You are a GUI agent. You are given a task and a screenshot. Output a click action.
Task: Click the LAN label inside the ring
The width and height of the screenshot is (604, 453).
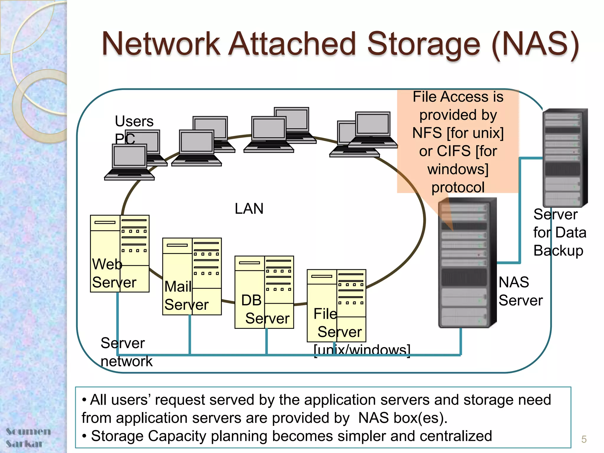[x=249, y=209]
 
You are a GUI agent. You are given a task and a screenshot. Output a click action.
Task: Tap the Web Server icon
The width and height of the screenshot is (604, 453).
[x=120, y=254]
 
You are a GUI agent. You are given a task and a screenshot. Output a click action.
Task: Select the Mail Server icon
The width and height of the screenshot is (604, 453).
[x=192, y=276]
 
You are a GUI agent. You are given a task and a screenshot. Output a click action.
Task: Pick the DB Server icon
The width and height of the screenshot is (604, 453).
[x=264, y=292]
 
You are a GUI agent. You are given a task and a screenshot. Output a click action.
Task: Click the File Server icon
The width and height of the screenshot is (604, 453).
[x=336, y=306]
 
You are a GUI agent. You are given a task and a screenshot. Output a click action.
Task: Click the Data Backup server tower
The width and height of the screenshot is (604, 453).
[x=564, y=158]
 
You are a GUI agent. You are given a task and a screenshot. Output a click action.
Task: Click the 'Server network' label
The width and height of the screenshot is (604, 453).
[x=126, y=352]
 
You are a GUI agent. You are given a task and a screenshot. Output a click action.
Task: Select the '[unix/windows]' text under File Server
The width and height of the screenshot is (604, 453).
[x=362, y=350]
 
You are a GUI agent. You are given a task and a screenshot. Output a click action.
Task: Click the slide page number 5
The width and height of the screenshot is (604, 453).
[x=584, y=439]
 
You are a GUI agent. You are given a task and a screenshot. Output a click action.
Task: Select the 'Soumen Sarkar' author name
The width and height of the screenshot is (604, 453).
[x=28, y=437]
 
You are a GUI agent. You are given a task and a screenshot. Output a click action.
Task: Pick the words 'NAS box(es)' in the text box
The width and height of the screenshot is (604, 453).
[x=403, y=418]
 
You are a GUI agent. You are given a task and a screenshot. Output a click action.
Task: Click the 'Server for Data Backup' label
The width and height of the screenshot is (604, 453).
[x=559, y=232]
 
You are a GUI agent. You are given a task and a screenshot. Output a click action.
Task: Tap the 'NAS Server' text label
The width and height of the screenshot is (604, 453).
[x=520, y=291]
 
